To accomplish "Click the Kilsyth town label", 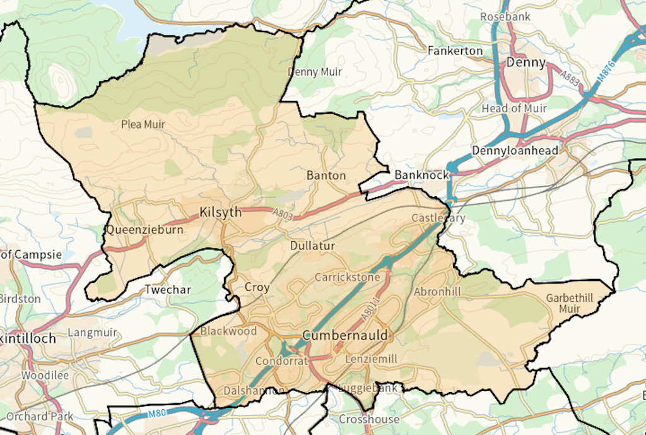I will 220,212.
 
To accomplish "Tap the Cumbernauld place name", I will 344,335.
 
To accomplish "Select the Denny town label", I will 526,62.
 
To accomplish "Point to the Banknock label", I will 421,174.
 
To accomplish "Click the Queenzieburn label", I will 144,230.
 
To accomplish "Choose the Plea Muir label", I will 143,124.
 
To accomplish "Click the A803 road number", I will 283,215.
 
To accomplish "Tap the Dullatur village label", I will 313,245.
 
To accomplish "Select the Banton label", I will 326,175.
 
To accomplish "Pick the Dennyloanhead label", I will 515,151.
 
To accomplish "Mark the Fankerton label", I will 455,51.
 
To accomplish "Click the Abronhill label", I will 437,292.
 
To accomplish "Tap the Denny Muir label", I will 315,72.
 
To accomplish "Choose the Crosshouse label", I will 369,419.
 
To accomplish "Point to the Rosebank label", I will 505,16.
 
